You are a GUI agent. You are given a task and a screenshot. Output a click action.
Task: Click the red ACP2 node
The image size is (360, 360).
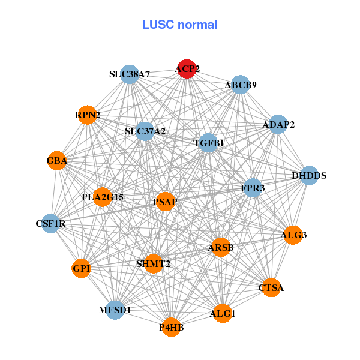click(x=187, y=69)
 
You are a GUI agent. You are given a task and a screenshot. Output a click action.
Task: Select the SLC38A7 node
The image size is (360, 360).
click(x=130, y=74)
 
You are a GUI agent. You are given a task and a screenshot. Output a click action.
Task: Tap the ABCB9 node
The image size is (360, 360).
click(x=241, y=85)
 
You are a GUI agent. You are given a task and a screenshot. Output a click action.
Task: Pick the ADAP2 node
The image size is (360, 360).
click(x=278, y=124)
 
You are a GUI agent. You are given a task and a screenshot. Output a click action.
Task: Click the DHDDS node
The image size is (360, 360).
click(x=309, y=176)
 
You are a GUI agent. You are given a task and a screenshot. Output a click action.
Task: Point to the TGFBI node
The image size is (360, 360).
click(x=208, y=143)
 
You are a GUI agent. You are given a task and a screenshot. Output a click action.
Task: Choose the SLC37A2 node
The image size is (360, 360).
click(x=145, y=131)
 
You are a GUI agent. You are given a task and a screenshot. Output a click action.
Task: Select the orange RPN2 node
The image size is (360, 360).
click(x=88, y=114)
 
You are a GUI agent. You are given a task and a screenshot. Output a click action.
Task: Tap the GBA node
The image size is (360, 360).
click(x=57, y=161)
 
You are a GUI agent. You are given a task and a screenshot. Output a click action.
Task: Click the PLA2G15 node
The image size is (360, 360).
click(x=103, y=197)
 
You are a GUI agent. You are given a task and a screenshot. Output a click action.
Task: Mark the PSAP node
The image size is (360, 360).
click(x=165, y=202)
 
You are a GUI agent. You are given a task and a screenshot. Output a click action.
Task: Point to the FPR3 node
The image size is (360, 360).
click(x=253, y=188)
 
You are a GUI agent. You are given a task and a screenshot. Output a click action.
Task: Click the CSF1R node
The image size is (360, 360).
click(x=50, y=224)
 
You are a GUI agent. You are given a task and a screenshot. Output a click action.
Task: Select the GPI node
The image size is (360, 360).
click(x=82, y=268)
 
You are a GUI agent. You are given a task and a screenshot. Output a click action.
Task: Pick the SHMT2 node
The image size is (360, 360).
click(x=154, y=263)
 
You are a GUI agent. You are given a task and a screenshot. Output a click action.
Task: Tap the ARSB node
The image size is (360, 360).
click(x=221, y=247)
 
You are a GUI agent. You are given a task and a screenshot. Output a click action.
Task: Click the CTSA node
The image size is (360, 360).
click(x=271, y=288)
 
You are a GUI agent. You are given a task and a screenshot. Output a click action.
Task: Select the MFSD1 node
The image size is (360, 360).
click(x=115, y=310)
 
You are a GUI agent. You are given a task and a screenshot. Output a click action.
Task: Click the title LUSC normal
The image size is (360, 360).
click(x=180, y=25)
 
